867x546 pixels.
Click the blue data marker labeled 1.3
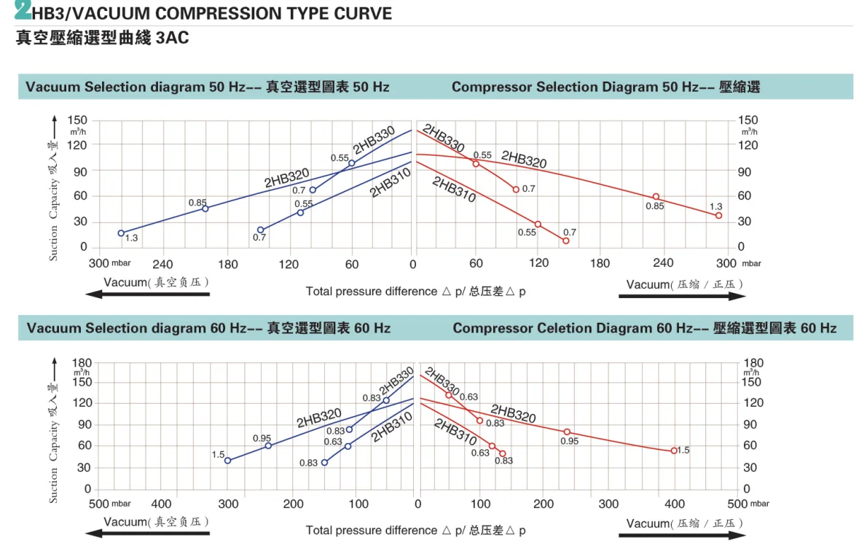121,233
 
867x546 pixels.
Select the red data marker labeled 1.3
718,216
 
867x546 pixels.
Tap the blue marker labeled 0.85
205,208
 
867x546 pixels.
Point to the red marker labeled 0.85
656,197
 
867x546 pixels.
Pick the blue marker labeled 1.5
228,461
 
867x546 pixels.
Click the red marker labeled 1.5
674,451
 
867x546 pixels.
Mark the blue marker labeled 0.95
268,445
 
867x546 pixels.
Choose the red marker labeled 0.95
567,432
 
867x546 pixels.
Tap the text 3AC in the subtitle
173,37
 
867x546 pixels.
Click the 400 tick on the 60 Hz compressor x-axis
674,504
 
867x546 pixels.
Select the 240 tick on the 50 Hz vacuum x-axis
163,263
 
